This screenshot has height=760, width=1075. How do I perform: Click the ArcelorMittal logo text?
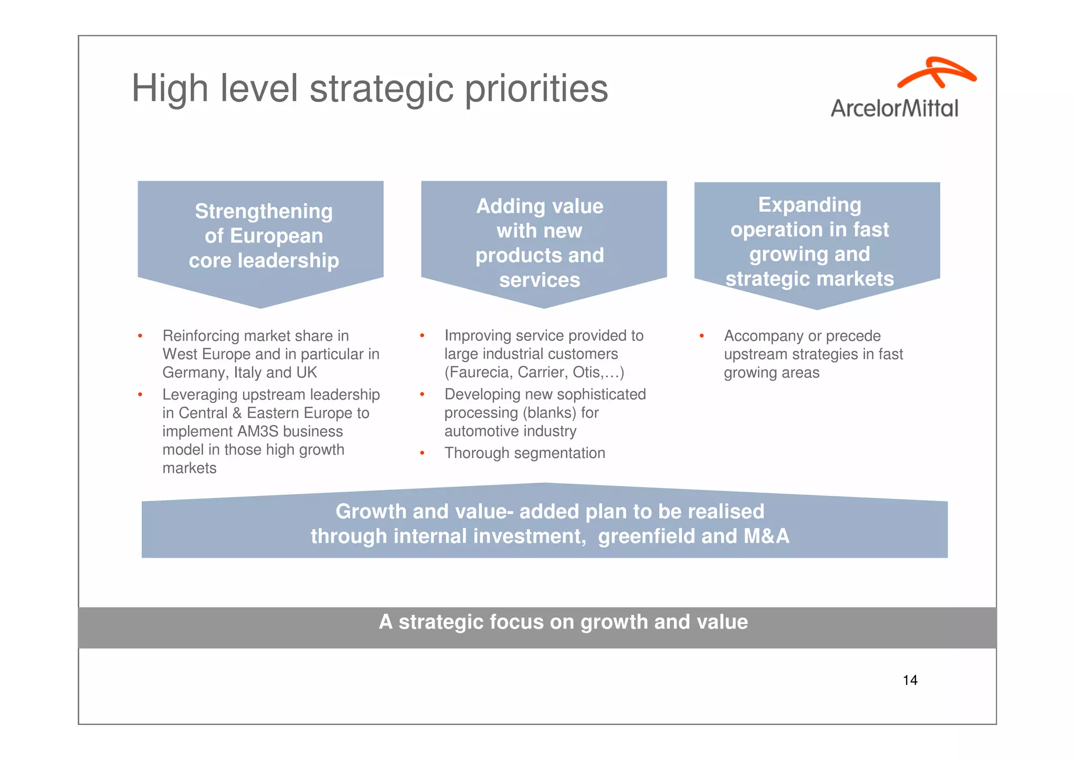894,108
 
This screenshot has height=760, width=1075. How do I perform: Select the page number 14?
910,680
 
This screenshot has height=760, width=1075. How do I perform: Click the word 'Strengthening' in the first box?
264,211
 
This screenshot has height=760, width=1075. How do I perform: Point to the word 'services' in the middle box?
539,280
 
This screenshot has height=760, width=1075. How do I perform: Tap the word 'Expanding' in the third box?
809,205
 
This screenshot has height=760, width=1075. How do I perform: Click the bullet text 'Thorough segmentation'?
524,453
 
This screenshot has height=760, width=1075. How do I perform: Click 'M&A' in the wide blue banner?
766,536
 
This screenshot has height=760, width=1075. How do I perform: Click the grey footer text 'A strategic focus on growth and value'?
563,622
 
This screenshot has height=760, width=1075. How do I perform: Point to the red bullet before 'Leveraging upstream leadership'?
140,394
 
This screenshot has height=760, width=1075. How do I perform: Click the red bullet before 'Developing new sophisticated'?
422,394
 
